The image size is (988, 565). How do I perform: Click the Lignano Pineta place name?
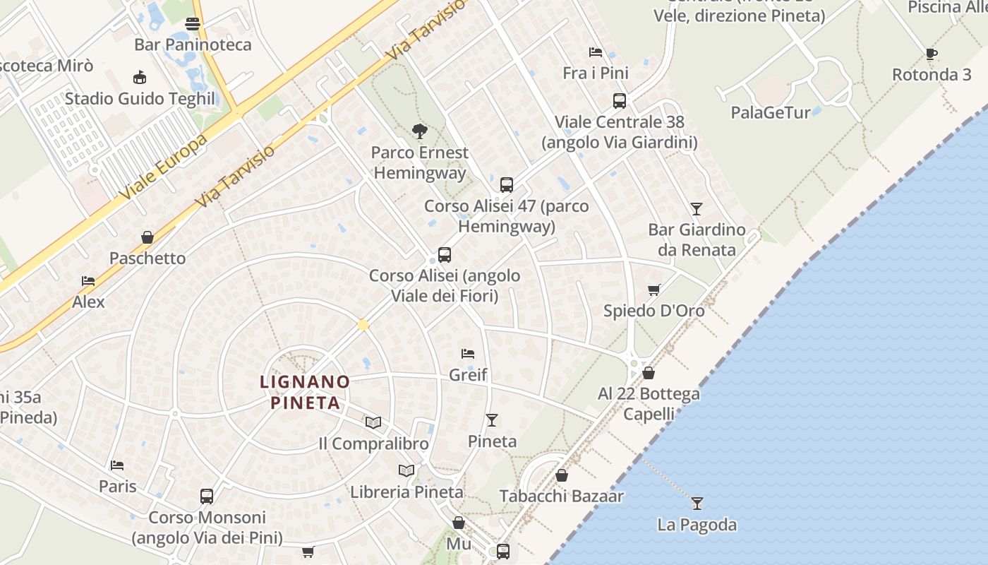pyautogui.click(x=305, y=392)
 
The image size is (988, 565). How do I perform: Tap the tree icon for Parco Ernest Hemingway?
pyautogui.click(x=420, y=131)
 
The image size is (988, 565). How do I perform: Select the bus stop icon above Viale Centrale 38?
pyautogui.click(x=619, y=101)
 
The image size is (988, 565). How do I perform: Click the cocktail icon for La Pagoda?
pyautogui.click(x=697, y=503)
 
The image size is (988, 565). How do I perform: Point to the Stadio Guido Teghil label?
pyautogui.click(x=140, y=98)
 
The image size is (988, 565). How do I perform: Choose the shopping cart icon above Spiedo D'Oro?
pyautogui.click(x=653, y=290)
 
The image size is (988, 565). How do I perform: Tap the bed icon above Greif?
pyautogui.click(x=468, y=353)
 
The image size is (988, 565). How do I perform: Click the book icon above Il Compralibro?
pyautogui.click(x=373, y=422)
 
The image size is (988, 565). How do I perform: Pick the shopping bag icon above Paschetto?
pyautogui.click(x=147, y=237)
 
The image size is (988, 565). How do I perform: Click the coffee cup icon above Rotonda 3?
pyautogui.click(x=931, y=54)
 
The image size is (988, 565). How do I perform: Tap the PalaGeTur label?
pyautogui.click(x=770, y=112)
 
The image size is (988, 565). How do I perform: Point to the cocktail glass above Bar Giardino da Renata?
pyautogui.click(x=697, y=208)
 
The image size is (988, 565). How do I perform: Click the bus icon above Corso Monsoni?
pyautogui.click(x=206, y=496)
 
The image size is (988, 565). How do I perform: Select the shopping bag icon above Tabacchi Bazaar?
pyautogui.click(x=562, y=475)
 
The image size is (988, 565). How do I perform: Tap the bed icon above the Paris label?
pyautogui.click(x=117, y=465)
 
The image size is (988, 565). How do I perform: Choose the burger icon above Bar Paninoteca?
pyautogui.click(x=192, y=24)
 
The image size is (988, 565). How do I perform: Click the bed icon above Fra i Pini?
pyautogui.click(x=596, y=52)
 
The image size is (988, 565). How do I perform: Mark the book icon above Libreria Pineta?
pyautogui.click(x=406, y=470)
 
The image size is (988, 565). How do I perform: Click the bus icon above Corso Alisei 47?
pyautogui.click(x=506, y=185)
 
